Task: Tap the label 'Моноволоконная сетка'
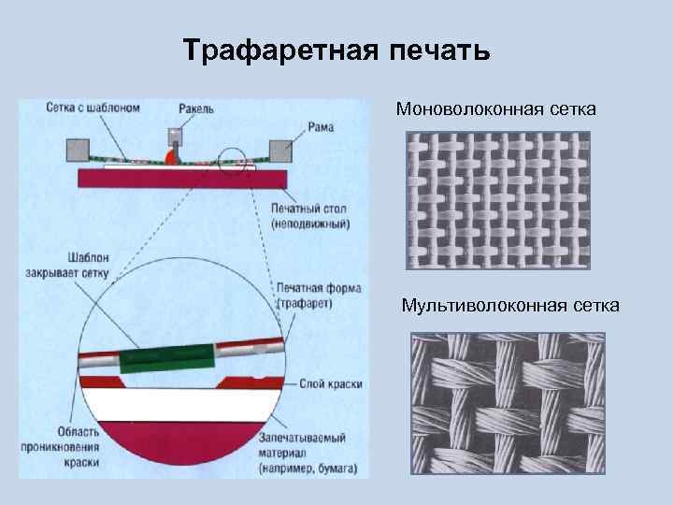point(496,110)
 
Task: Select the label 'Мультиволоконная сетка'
point(510,305)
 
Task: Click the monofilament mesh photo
point(499,200)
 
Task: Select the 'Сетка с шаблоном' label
point(93,108)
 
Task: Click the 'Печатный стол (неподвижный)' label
point(309,218)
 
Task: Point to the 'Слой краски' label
point(331,384)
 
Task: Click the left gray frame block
point(78,150)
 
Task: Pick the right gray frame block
point(280,151)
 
